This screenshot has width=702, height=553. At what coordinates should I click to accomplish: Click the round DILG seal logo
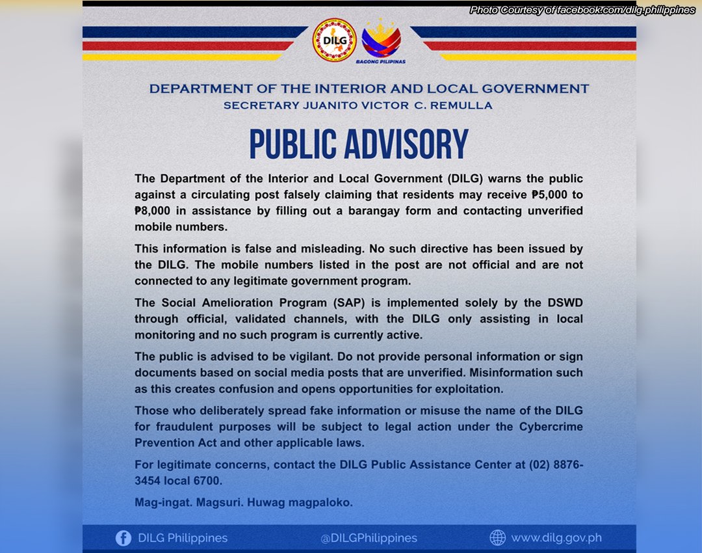point(334,40)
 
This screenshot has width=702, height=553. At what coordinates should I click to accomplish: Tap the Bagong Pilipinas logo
point(381,40)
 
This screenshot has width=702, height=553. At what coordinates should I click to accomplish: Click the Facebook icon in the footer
point(123,538)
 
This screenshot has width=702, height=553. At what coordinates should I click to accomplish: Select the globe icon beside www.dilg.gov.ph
point(497,537)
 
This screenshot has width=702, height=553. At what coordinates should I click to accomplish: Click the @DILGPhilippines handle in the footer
point(369,538)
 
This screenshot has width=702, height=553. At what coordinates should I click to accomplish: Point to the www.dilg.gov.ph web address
point(556,538)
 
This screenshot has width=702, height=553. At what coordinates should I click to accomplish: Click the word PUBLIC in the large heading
point(300,144)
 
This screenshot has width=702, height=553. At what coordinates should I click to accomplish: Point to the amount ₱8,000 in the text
point(154,211)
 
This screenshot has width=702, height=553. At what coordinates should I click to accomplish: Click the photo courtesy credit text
point(582,10)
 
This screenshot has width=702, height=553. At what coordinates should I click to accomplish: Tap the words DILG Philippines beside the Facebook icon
point(183,538)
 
